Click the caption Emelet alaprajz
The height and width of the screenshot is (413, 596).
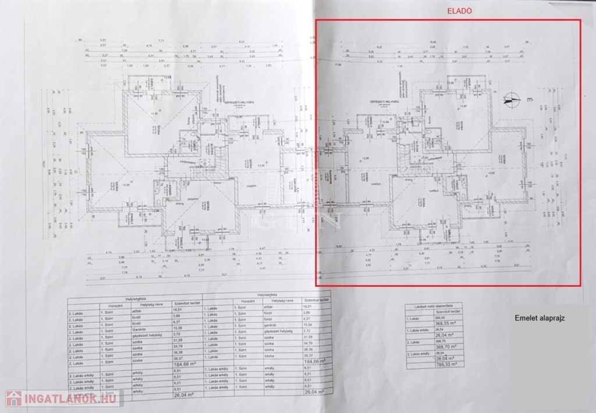(x=540, y=319)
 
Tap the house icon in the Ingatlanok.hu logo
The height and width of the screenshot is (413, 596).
(x=13, y=398)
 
